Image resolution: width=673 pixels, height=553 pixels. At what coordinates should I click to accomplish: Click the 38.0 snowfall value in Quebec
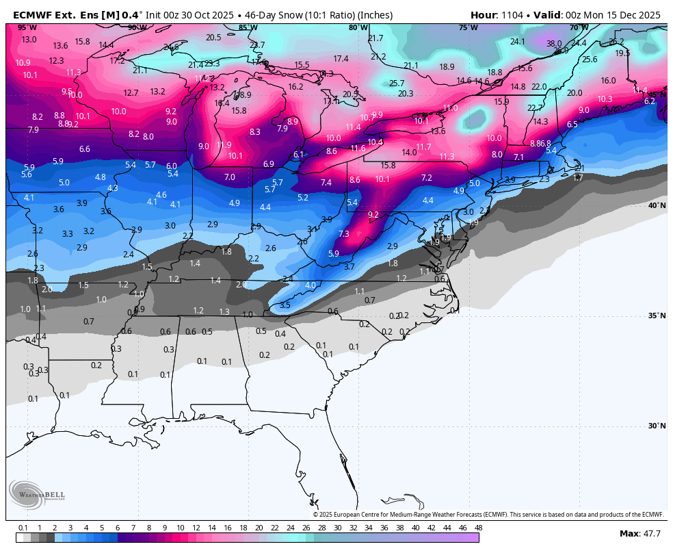554,43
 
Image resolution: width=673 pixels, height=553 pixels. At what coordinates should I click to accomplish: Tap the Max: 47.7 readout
639,533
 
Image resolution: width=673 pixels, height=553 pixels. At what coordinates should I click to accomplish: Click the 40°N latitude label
657,205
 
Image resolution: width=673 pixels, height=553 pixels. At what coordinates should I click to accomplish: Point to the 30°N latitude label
657,426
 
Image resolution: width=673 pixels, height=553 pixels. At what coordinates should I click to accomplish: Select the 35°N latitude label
657,316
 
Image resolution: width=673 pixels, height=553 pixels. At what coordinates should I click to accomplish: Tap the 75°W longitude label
468,27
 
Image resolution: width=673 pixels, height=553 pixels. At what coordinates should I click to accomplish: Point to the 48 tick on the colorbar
478,528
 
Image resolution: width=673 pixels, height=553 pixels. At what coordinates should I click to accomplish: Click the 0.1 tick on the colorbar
23,528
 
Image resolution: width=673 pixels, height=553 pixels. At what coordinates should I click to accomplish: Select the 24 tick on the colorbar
290,528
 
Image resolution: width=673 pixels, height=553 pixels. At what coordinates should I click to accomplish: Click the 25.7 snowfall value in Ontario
397,83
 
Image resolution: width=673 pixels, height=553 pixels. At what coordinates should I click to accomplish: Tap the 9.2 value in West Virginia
373,214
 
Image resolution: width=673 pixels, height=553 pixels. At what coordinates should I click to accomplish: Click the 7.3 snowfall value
344,233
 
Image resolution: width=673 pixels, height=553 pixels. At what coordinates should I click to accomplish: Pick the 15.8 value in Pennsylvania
388,165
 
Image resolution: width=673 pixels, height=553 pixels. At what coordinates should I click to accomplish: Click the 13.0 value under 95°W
29,40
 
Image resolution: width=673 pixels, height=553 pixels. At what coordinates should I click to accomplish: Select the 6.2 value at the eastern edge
650,101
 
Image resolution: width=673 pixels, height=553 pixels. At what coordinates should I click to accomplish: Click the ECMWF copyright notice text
488,515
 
